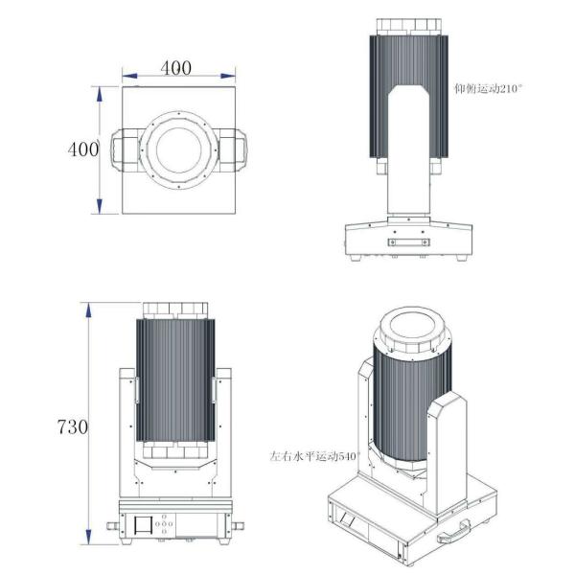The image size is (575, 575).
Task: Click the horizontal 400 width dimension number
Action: click(x=175, y=68)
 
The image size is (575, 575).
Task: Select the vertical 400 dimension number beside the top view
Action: click(x=83, y=149)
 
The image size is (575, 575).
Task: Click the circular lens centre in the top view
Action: click(x=176, y=150)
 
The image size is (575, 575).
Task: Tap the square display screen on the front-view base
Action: click(x=141, y=526)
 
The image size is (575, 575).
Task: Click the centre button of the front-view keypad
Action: click(x=165, y=526)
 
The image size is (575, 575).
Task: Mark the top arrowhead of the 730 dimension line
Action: click(x=88, y=307)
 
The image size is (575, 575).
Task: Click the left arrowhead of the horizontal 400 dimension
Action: click(x=126, y=77)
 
